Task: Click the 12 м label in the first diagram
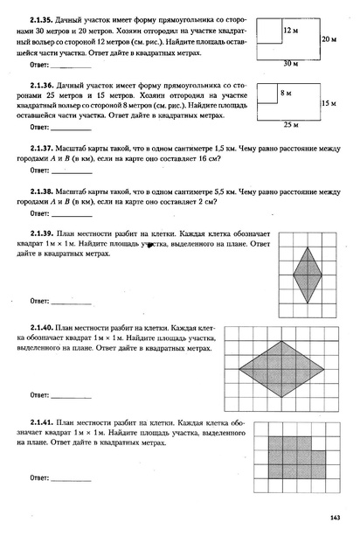tap(292, 30)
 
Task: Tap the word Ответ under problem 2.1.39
tap(40, 300)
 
